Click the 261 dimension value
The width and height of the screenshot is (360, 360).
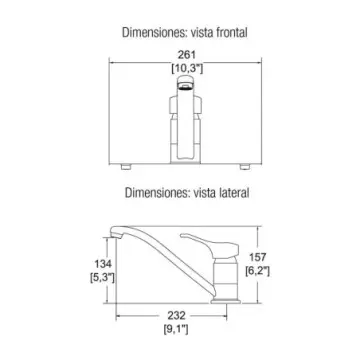coord(187,55)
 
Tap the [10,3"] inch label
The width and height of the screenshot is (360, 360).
coord(187,68)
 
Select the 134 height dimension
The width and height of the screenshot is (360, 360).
coord(103,264)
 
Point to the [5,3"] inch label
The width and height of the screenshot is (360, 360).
coord(102,277)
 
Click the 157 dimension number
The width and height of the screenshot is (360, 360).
coord(258,257)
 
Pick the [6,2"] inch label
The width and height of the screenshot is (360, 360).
coord(258,271)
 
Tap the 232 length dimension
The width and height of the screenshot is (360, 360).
coord(176,315)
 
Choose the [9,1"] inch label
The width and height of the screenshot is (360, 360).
coord(176,329)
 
